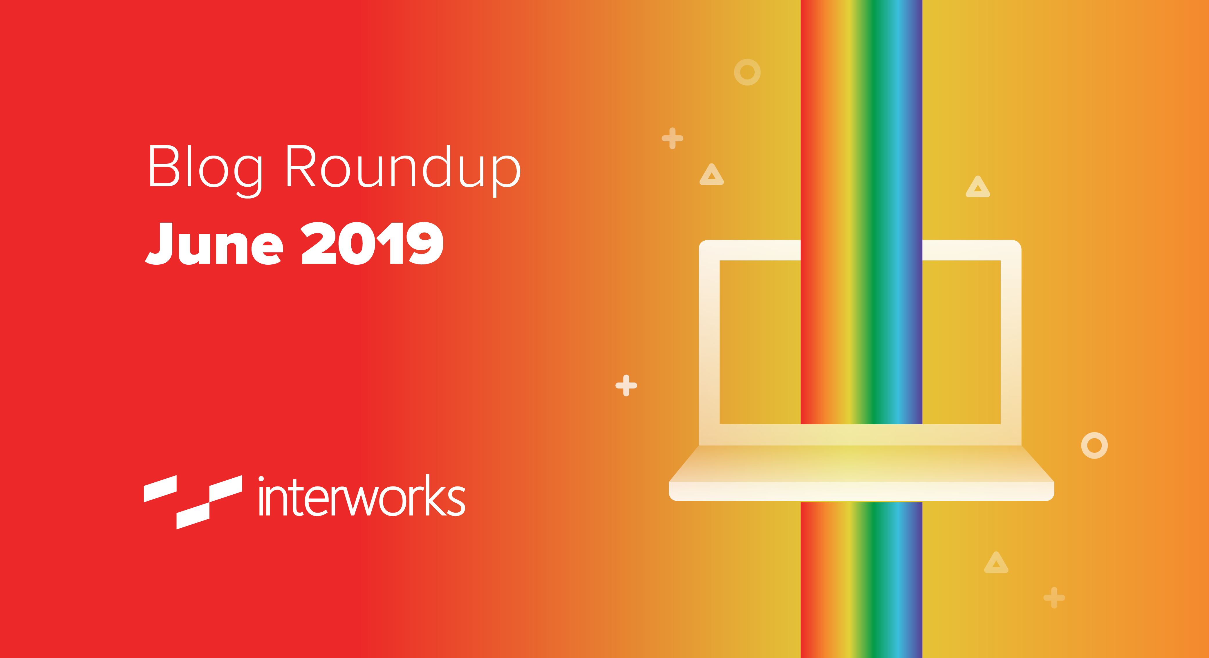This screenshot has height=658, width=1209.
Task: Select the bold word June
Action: point(214,243)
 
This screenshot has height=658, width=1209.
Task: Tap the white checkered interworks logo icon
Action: point(193,502)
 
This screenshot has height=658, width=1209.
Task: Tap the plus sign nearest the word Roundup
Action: point(673,138)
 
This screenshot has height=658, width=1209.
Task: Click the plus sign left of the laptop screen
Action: point(626,385)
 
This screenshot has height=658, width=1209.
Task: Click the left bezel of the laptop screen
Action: point(709,343)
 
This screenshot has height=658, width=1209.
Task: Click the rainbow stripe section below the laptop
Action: point(861,580)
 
